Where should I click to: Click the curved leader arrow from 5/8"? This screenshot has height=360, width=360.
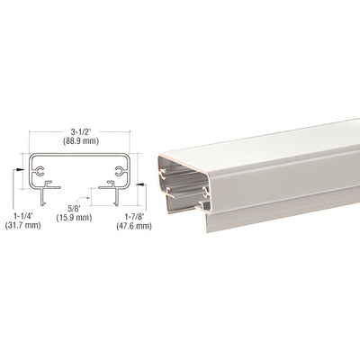87,200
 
